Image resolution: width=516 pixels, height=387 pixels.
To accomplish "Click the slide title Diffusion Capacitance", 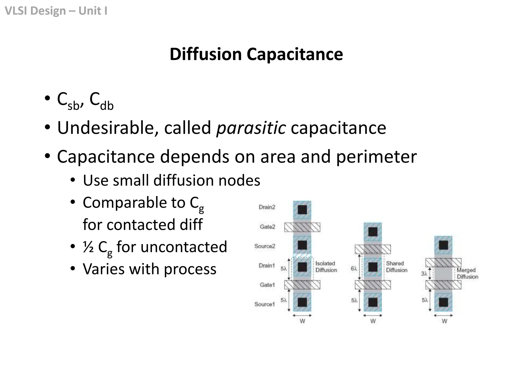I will click(x=256, y=54).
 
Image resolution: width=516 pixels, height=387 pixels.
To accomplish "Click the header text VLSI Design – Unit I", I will click(x=56, y=11).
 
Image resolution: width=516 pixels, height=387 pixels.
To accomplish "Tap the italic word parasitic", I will click(x=251, y=128).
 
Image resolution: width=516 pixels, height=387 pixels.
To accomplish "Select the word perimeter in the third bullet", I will click(x=376, y=156).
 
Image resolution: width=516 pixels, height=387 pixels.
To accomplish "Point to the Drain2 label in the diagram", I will click(x=267, y=207).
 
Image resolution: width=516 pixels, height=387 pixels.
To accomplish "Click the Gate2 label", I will click(x=267, y=227).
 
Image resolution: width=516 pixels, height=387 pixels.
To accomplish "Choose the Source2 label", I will click(x=265, y=246).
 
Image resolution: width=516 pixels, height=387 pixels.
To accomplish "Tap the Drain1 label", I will click(x=267, y=265).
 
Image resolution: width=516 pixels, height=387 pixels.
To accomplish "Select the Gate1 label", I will click(x=267, y=285).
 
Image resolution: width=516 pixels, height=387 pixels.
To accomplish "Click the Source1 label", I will click(x=264, y=304).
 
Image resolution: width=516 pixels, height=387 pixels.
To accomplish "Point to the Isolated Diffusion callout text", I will click(x=326, y=267).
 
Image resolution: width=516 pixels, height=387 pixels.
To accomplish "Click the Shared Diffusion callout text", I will click(x=397, y=267).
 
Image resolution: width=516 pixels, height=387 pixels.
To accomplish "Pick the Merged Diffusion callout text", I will click(x=467, y=273).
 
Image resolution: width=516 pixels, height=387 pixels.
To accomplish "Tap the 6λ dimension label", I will click(x=354, y=269).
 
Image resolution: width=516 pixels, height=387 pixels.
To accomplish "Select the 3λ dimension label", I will click(x=424, y=274).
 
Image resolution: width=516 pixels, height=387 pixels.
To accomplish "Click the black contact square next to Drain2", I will click(x=302, y=210).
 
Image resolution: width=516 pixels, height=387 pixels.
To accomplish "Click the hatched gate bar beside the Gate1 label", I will click(x=302, y=285).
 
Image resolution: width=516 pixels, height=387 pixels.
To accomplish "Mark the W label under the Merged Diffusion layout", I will click(x=444, y=321).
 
